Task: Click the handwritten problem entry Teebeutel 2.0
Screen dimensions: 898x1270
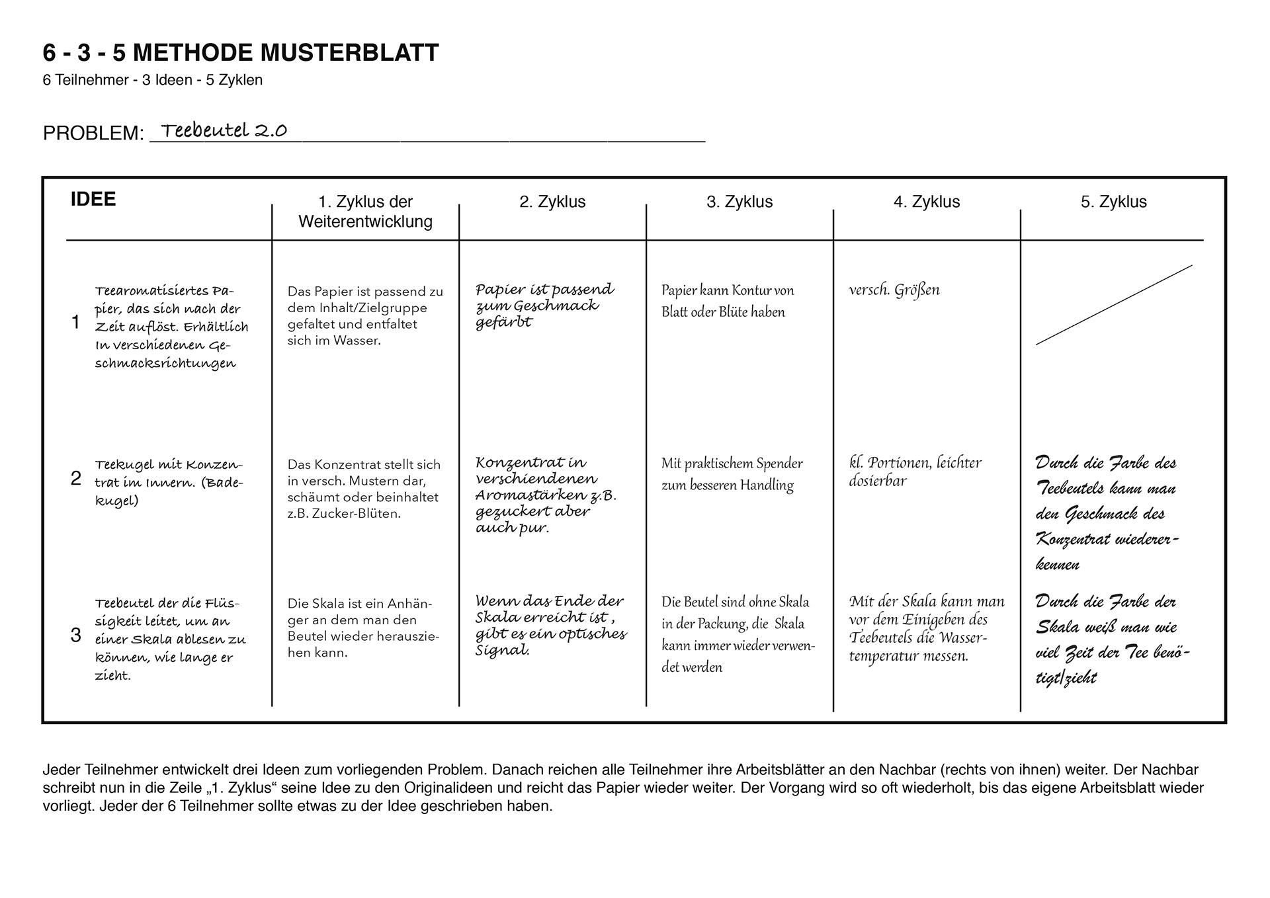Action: coord(224,130)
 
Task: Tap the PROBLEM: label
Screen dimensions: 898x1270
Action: coord(93,134)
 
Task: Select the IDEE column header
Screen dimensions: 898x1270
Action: coord(93,199)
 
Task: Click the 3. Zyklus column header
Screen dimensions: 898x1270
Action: coord(740,202)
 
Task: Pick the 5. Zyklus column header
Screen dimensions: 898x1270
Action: coord(1113,202)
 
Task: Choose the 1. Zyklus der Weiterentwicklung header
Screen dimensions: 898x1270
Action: coord(365,212)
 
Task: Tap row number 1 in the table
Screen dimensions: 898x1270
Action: coord(75,322)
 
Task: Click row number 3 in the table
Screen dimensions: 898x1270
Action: coord(75,635)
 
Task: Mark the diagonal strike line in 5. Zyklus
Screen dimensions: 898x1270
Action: coord(1114,305)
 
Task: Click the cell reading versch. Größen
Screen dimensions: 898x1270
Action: coord(894,290)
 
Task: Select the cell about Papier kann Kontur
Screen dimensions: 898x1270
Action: coord(728,301)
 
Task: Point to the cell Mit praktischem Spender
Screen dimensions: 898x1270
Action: coord(732,474)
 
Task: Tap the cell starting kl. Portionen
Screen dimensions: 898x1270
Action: coord(915,471)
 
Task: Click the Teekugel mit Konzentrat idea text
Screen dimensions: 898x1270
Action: coord(169,482)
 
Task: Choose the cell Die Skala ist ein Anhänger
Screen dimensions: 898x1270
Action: coord(363,628)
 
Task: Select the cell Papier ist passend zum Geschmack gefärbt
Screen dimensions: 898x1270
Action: coord(544,306)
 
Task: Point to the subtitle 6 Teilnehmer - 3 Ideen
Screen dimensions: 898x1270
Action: coord(153,80)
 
